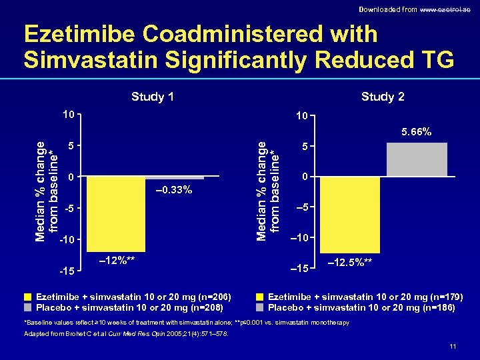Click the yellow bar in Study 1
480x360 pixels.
point(116,213)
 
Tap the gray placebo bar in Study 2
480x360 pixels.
point(417,160)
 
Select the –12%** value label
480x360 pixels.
point(117,260)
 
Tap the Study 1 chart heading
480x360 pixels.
point(153,97)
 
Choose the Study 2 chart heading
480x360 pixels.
point(383,97)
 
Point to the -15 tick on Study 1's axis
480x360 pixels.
point(65,271)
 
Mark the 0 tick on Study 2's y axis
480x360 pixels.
point(304,177)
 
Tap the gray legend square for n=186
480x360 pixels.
point(260,307)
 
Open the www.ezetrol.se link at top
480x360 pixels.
point(447,9)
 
